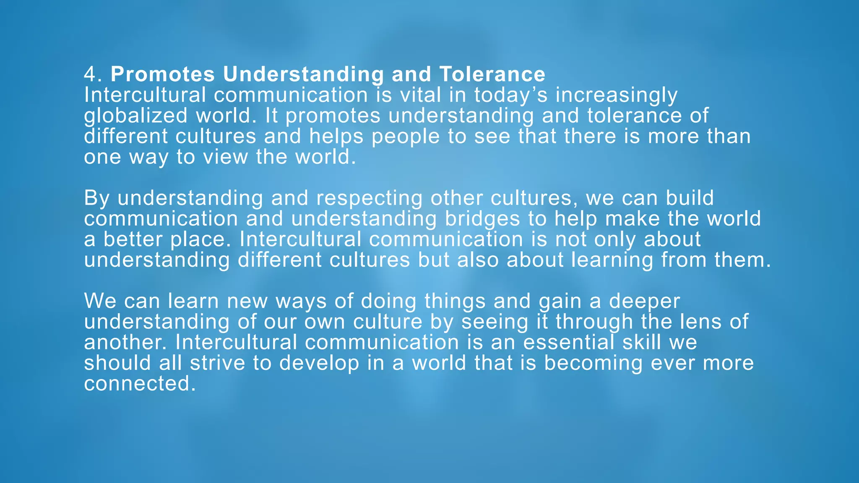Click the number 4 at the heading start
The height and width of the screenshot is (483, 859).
click(90, 75)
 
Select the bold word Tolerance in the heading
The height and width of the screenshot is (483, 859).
click(492, 75)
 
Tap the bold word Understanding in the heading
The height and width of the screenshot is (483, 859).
click(303, 75)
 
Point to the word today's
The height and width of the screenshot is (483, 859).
click(511, 95)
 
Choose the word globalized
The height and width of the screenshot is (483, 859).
click(135, 116)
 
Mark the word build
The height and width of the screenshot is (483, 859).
click(690, 198)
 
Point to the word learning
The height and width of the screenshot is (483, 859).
click(612, 260)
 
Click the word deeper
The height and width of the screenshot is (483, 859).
click(644, 301)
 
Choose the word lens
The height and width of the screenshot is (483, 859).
click(708, 322)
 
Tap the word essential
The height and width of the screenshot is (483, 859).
click(568, 342)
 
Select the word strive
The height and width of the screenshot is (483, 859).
click(217, 363)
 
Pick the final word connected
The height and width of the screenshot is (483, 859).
click(140, 384)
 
